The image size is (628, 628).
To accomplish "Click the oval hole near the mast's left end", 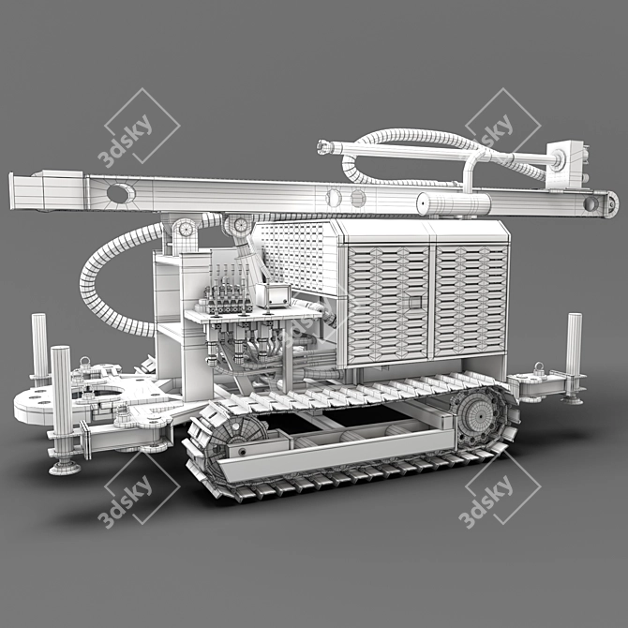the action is [121, 193].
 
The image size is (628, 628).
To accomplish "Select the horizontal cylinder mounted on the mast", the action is [454, 203].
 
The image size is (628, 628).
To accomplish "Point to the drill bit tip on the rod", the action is [323, 147].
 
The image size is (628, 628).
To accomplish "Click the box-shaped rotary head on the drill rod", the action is [565, 164].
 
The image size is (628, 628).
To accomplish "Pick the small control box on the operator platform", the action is [273, 295].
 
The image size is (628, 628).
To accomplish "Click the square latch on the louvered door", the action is [415, 302].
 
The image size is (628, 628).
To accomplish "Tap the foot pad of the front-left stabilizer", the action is [65, 467].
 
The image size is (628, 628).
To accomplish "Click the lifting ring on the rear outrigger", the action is [539, 366].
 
